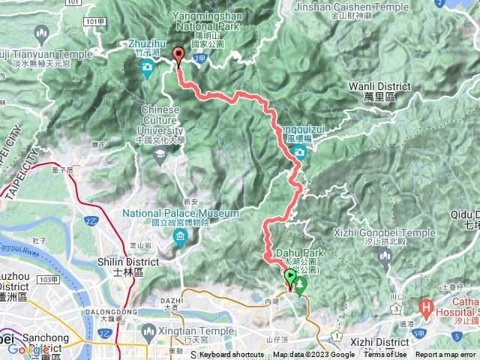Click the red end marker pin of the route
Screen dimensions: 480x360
pyautogui.click(x=178, y=54)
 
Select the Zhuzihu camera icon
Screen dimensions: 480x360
pyautogui.click(x=148, y=68)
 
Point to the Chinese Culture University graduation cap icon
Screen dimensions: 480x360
pyautogui.click(x=159, y=154)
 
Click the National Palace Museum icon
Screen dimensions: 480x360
pyautogui.click(x=180, y=238)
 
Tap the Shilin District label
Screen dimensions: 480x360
pyautogui.click(x=132, y=262)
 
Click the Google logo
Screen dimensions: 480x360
pyautogui.click(x=28, y=349)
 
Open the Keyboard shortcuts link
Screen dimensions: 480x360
pyautogui.click(x=232, y=355)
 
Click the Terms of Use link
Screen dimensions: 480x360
pyautogui.click(x=385, y=355)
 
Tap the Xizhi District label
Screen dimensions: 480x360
pyautogui.click(x=379, y=343)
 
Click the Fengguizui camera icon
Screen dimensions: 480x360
pyautogui.click(x=300, y=153)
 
